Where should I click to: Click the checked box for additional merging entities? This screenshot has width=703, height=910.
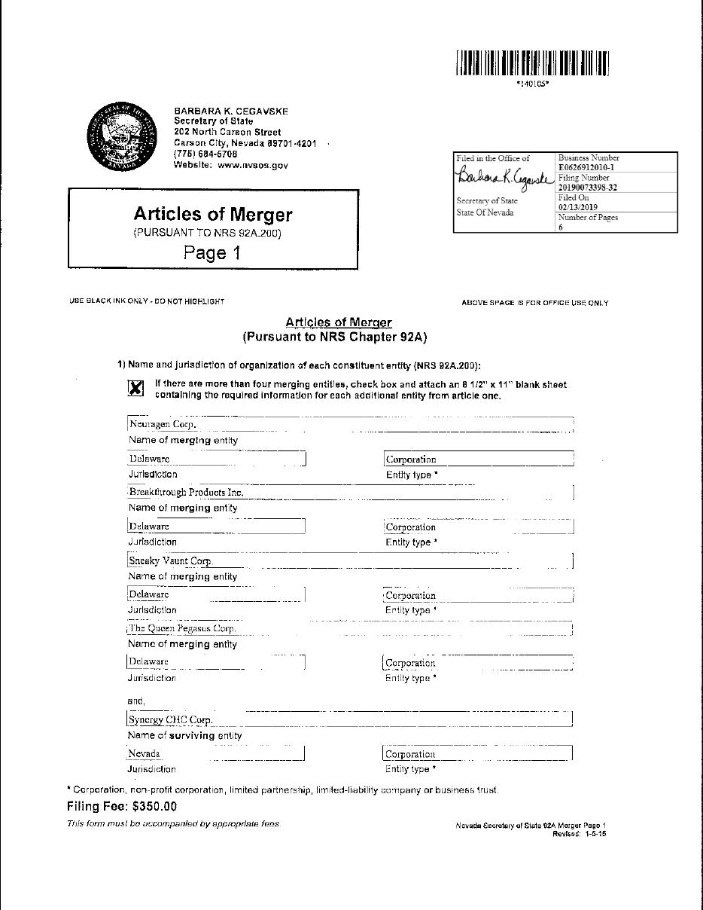pos(135,388)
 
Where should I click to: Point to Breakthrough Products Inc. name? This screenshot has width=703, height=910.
pos(187,492)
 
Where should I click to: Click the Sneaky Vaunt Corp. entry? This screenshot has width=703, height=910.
pos(171,560)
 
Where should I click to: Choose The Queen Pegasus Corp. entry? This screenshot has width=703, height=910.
pos(183,628)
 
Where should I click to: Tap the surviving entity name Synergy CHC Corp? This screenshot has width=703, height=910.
pos(171,719)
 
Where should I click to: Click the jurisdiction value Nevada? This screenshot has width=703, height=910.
pos(145,753)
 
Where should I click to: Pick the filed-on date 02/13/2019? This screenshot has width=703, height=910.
pos(578,207)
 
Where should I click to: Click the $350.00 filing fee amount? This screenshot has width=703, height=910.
pos(154,806)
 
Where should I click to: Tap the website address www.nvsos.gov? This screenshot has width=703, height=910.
pos(253,165)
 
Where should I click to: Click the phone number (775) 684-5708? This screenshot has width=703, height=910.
pos(205,154)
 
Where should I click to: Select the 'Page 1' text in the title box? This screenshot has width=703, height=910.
pos(212,253)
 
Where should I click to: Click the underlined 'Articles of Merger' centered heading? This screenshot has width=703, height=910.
pos(339,322)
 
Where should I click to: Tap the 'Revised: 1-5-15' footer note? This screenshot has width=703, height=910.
pos(579,834)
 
